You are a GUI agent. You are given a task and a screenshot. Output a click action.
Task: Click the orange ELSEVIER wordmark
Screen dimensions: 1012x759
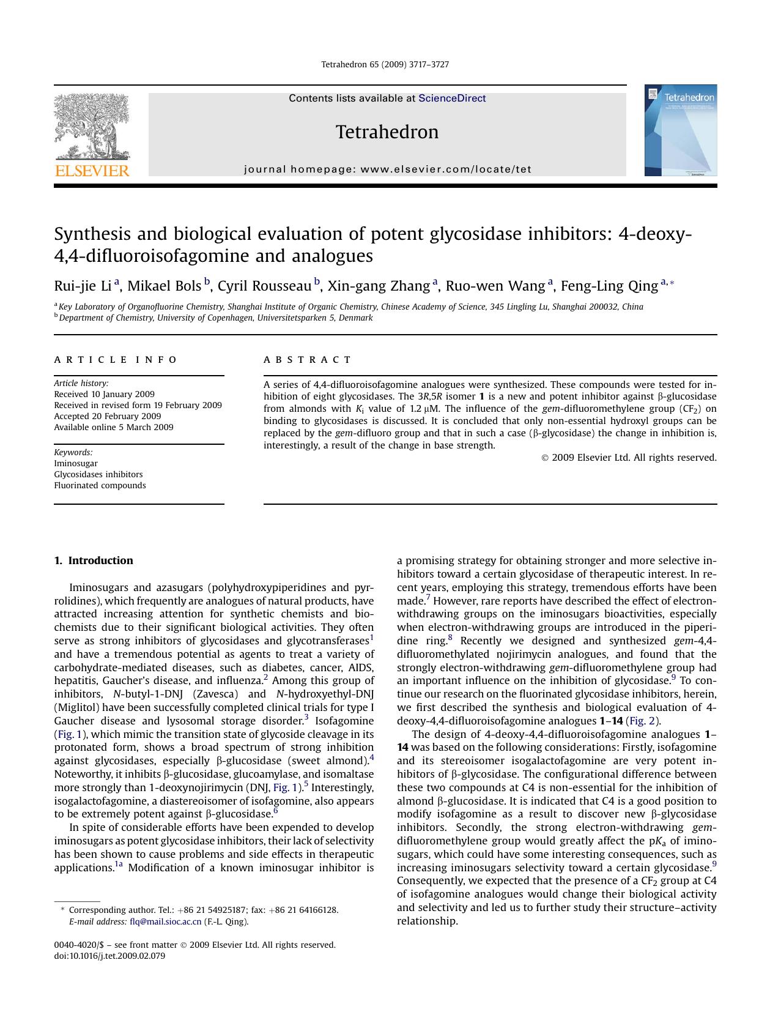click(x=92, y=171)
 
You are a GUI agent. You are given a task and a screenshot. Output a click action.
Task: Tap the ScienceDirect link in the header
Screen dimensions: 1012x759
click(x=452, y=98)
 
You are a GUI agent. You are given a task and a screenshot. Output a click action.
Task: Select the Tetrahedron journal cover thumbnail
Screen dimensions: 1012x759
click(x=680, y=130)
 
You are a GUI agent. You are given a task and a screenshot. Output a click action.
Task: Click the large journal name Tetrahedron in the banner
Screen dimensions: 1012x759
click(x=387, y=132)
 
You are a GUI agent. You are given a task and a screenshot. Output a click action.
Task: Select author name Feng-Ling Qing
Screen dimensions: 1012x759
click(x=609, y=286)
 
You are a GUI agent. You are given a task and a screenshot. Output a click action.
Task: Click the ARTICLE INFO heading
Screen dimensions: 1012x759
click(x=116, y=360)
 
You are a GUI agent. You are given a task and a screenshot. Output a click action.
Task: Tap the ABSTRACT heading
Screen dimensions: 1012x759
click(x=308, y=360)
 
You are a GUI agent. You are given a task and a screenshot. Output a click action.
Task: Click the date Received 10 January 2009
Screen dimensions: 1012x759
click(x=104, y=394)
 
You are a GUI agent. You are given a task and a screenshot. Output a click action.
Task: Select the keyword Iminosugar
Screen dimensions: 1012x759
click(x=76, y=463)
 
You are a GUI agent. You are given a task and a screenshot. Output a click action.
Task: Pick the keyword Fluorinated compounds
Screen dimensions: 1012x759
click(x=100, y=485)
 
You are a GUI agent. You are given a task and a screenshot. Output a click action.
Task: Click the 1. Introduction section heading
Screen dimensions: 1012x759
click(x=94, y=560)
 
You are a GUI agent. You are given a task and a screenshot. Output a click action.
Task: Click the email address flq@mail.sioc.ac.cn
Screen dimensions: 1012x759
click(x=165, y=921)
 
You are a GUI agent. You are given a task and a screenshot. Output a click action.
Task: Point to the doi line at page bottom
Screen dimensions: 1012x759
click(x=109, y=956)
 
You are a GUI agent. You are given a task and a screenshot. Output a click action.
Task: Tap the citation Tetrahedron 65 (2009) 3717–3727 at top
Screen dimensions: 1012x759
click(x=385, y=64)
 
